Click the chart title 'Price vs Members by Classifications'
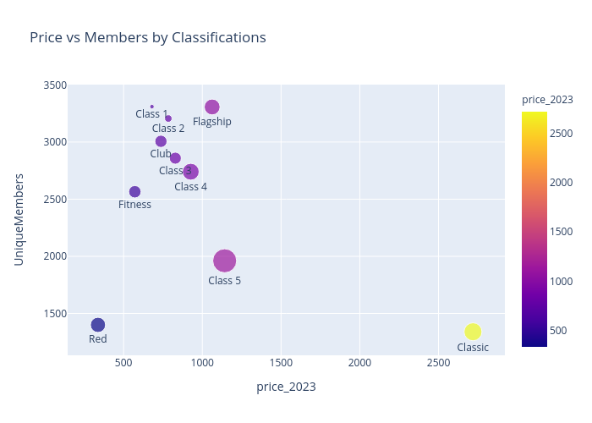pos(148,37)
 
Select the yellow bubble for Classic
pos(473,332)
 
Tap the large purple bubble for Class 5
pos(224,261)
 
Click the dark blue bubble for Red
pos(98,325)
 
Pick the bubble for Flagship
pos(212,107)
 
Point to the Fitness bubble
pos(134,192)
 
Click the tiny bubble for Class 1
pos(151,107)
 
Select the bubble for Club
pos(161,141)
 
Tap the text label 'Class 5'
pos(224,281)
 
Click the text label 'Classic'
pos(473,348)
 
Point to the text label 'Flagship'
pos(211,122)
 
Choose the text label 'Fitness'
pos(134,205)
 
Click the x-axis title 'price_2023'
pos(286,387)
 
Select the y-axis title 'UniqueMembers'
pos(19,220)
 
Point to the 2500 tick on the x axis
pos(438,363)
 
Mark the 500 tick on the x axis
pos(123,363)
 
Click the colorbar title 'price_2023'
pos(546,100)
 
